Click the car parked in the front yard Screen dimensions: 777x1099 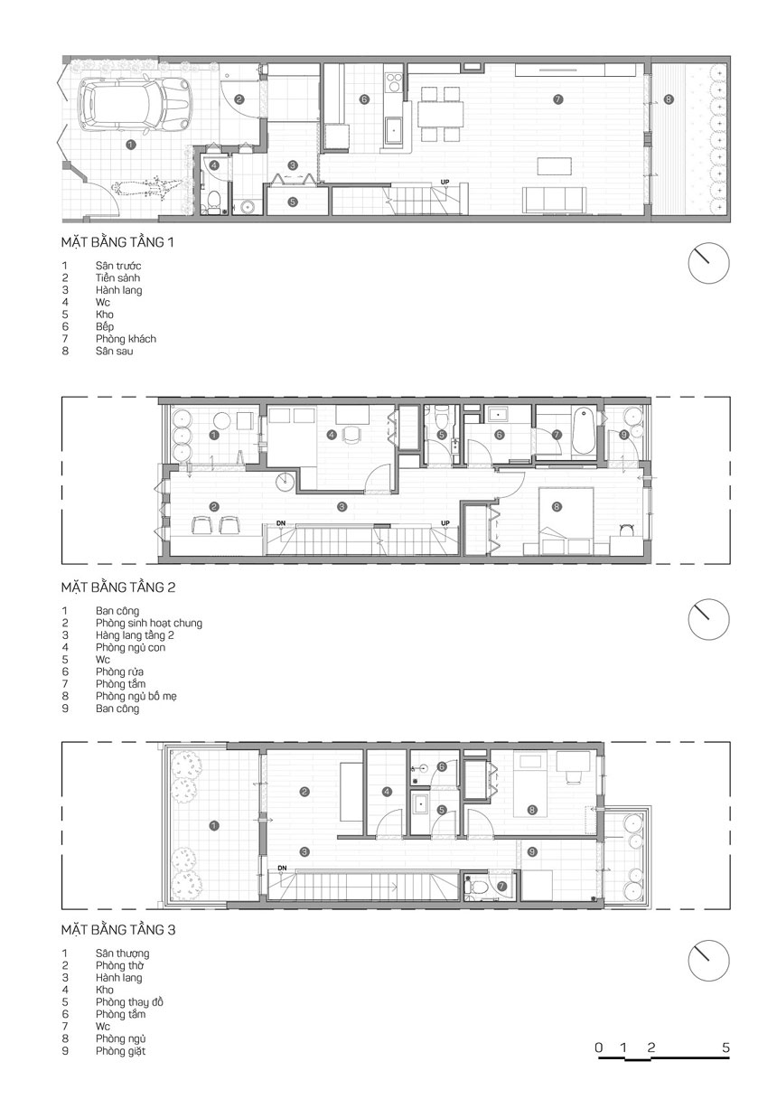pos(130,106)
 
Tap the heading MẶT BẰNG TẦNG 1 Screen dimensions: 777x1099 pos(117,242)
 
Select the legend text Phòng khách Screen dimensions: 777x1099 pos(126,339)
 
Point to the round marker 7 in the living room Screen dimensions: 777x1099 pos(557,99)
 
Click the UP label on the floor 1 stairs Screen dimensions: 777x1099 pos(445,182)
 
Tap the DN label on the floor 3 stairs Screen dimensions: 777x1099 pos(282,868)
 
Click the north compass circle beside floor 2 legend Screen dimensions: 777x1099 pos(709,620)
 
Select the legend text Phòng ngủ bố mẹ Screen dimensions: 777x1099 pos(136,696)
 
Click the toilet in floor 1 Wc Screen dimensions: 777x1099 pos(213,202)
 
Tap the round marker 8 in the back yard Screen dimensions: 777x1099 pos(668,99)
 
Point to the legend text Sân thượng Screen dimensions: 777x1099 pos(122,953)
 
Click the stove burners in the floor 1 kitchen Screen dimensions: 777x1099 pos(393,82)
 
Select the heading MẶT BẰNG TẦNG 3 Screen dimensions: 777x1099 pos(118,930)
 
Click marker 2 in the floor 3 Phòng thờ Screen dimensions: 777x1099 pos(304,792)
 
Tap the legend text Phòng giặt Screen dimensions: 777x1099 pos(121,1051)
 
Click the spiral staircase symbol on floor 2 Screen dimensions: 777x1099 pos(285,482)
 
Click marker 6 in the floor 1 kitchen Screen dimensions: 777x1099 pos(363,99)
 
